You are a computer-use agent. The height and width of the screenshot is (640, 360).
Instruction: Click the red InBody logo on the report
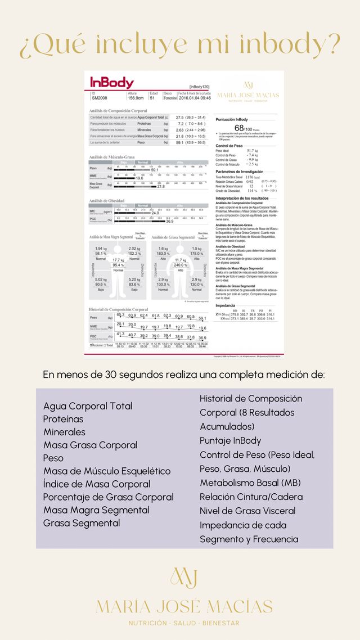[112, 83]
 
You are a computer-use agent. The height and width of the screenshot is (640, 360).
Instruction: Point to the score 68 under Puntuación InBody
[239, 128]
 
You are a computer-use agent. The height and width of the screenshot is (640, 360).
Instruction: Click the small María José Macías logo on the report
[247, 90]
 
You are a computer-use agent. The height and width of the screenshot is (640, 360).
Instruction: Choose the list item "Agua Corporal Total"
[88, 406]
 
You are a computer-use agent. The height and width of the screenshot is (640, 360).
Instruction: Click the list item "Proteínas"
[63, 419]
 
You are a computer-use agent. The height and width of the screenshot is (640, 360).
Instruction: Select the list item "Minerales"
[64, 432]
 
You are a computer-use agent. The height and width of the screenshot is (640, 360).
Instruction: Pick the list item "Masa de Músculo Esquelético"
[106, 471]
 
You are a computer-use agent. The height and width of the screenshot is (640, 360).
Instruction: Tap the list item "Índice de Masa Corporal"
[97, 484]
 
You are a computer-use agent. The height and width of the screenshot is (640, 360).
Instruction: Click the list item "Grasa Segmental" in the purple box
[82, 523]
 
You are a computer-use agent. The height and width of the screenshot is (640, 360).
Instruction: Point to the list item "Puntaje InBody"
[230, 441]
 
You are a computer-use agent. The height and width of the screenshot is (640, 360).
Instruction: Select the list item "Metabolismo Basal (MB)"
[250, 483]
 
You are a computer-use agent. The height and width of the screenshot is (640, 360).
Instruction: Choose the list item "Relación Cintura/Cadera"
[251, 497]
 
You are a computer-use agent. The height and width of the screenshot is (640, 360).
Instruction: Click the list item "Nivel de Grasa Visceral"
[247, 511]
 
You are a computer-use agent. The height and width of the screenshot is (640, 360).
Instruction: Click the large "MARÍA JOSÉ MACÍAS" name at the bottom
[184, 606]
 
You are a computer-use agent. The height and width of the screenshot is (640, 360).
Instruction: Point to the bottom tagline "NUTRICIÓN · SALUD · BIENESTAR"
[184, 623]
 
